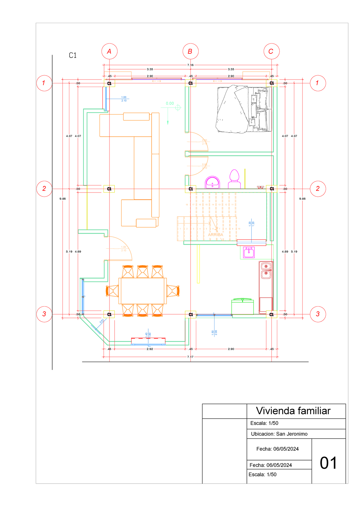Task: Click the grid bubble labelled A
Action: pyautogui.click(x=109, y=51)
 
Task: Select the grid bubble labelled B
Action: pyautogui.click(x=190, y=51)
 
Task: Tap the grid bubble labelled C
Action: pyautogui.click(x=271, y=51)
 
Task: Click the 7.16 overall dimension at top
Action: pyautogui.click(x=190, y=65)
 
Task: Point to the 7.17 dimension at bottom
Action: pyautogui.click(x=190, y=357)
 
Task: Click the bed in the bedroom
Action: pyautogui.click(x=244, y=109)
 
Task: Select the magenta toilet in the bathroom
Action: pyautogui.click(x=234, y=179)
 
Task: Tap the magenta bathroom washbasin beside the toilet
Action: pyautogui.click(x=212, y=182)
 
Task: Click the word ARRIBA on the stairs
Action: pyautogui.click(x=215, y=235)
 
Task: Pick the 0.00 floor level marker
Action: pyautogui.click(x=170, y=103)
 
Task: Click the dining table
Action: pyautogui.click(x=142, y=291)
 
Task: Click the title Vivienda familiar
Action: pyautogui.click(x=293, y=411)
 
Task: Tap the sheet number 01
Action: pyautogui.click(x=328, y=463)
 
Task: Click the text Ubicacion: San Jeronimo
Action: pyautogui.click(x=279, y=434)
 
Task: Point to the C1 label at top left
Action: pyautogui.click(x=73, y=55)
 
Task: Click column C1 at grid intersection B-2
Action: pyautogui.click(x=190, y=189)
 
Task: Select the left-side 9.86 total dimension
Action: pyautogui.click(x=62, y=199)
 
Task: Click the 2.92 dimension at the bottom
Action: pyautogui.click(x=150, y=349)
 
